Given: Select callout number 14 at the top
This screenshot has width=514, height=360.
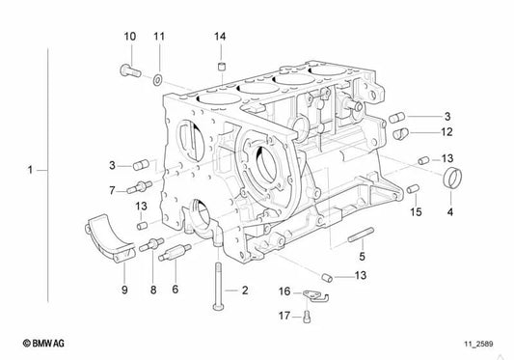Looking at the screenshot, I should point(220,37).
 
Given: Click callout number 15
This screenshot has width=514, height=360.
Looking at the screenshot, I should point(417,211).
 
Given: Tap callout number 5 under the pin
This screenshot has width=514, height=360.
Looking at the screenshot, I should point(362,257).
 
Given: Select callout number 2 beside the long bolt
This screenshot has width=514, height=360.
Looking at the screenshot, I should point(244,290).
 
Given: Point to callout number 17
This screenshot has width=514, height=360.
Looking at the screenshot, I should point(284,315).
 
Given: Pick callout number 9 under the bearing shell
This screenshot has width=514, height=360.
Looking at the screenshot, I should point(123,289).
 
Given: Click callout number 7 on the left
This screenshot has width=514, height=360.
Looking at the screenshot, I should point(112,189).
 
